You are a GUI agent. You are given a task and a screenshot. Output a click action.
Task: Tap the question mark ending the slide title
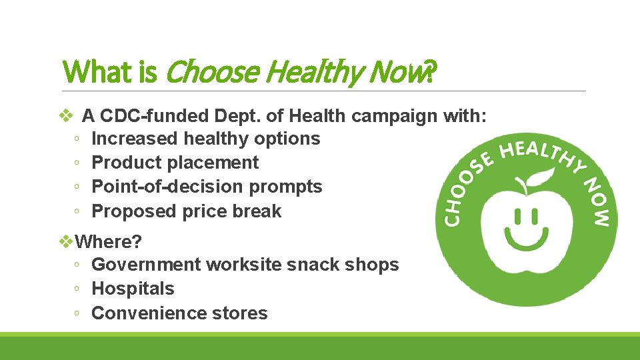[430, 71]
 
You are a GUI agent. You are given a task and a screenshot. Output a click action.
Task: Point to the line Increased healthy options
[205, 139]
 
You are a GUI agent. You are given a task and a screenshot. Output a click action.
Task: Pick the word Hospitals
[133, 289]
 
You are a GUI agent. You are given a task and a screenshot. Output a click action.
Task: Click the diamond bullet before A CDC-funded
[65, 116]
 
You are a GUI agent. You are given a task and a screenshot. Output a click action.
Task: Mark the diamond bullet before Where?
[65, 240]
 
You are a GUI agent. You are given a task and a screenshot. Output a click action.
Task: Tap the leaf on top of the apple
[543, 176]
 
